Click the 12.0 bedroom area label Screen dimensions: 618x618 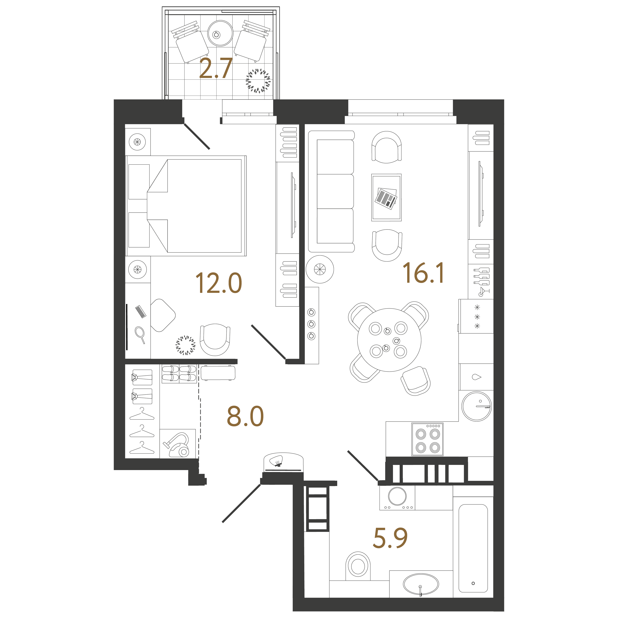click(219, 283)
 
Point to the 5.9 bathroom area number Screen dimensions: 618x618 click(390, 538)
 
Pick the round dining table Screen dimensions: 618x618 click(389, 340)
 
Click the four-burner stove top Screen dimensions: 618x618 click(427, 439)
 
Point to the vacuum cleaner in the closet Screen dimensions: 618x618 click(177, 445)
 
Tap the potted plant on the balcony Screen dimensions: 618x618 click(258, 81)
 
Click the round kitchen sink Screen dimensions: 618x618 click(477, 406)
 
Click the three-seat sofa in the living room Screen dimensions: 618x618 click(331, 191)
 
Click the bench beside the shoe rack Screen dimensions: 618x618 click(218, 373)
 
